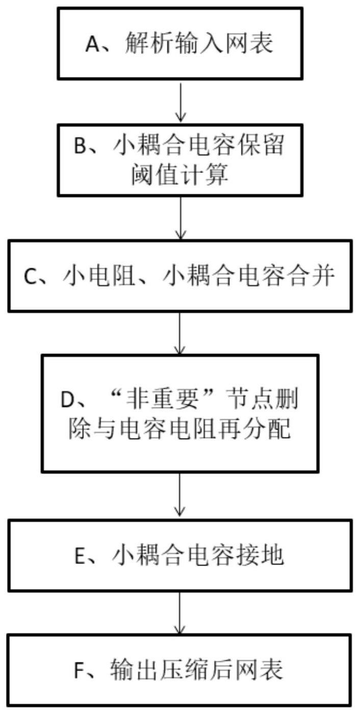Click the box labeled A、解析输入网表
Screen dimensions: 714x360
tap(180, 43)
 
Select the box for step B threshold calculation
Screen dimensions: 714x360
tap(180, 160)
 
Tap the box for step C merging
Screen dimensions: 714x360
tap(180, 276)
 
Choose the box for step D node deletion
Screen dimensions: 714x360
tap(180, 413)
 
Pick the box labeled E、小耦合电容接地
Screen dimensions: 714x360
tap(180, 555)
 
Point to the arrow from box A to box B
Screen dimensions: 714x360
tap(180, 101)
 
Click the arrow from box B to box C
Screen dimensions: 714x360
tap(180, 218)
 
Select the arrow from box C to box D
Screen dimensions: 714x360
tap(180, 333)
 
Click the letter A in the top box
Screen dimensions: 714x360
tap(92, 45)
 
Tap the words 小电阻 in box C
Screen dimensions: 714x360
tap(90, 276)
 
